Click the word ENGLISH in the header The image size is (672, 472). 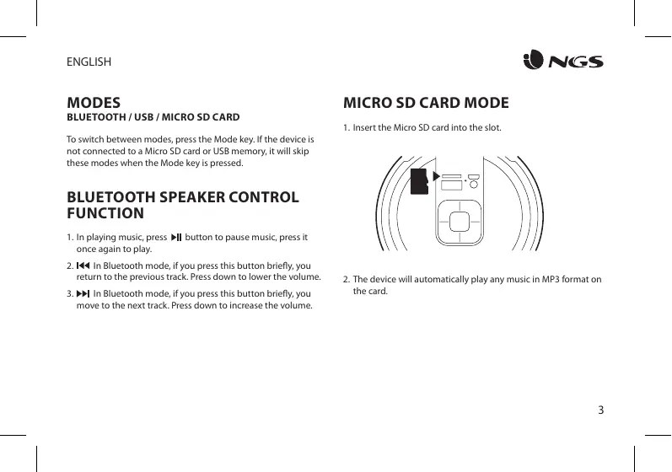point(89,62)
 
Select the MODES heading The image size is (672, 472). point(95,104)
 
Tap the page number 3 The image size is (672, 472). point(600,410)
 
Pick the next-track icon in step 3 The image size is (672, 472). point(83,293)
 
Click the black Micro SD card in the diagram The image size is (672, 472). point(419,181)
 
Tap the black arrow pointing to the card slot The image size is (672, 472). point(436,175)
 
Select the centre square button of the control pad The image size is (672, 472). point(460,221)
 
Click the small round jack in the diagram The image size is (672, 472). point(475,183)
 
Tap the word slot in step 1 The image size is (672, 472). point(492,128)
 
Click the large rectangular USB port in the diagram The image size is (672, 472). point(451,185)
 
